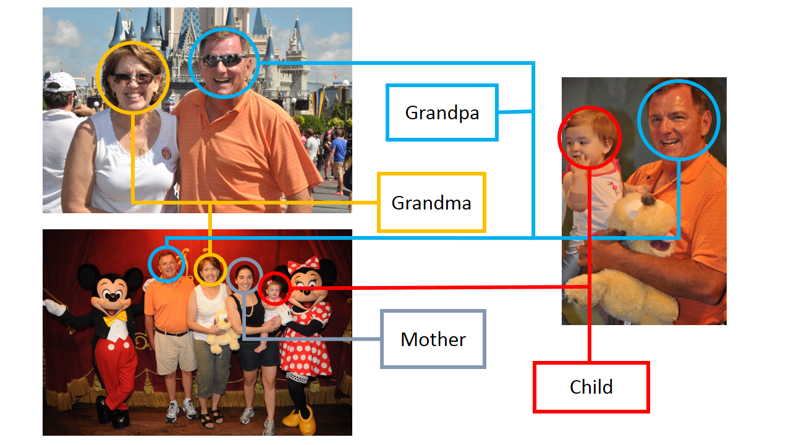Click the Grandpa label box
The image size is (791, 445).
point(442,112)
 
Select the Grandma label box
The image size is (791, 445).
point(431,203)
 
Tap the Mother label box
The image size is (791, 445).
point(433,339)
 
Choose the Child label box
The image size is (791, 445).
point(591,387)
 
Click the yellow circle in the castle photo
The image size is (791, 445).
point(133,78)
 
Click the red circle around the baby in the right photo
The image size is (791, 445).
point(589,138)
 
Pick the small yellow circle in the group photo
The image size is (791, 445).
point(210,271)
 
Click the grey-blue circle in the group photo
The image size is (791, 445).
point(245,276)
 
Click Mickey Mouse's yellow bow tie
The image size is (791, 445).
point(115,318)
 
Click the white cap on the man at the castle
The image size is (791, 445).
point(60,81)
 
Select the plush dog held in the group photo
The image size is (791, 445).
point(223,334)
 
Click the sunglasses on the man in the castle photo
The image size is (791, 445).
point(223,61)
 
